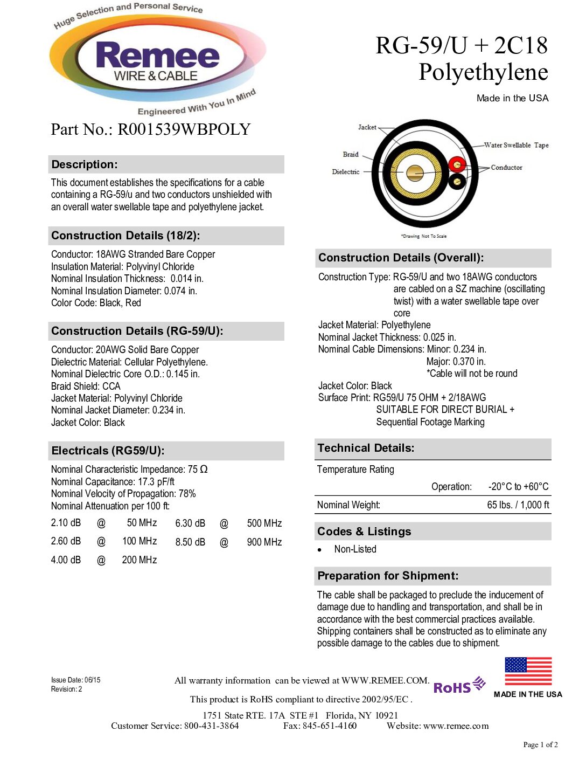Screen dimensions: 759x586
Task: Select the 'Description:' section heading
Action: [85, 164]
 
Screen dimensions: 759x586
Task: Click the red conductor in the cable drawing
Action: [457, 164]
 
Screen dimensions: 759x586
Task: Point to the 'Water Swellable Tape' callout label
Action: [516, 145]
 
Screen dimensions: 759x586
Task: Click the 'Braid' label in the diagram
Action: [351, 154]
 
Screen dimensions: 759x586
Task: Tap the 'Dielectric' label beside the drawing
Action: [346, 172]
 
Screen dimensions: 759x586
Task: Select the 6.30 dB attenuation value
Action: [190, 523]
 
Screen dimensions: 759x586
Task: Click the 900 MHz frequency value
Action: [264, 542]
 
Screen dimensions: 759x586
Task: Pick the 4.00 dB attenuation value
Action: [66, 560]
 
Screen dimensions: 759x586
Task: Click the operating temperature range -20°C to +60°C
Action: [518, 487]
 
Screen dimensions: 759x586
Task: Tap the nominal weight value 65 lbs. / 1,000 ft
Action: [518, 505]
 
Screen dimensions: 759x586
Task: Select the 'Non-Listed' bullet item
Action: [355, 549]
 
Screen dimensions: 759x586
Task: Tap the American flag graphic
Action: [528, 671]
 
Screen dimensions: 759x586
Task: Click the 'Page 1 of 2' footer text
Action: [540, 745]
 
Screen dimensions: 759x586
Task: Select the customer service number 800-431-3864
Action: [212, 726]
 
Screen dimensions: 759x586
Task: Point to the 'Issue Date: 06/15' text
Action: [76, 680]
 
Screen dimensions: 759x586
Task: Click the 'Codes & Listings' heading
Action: [364, 532]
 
